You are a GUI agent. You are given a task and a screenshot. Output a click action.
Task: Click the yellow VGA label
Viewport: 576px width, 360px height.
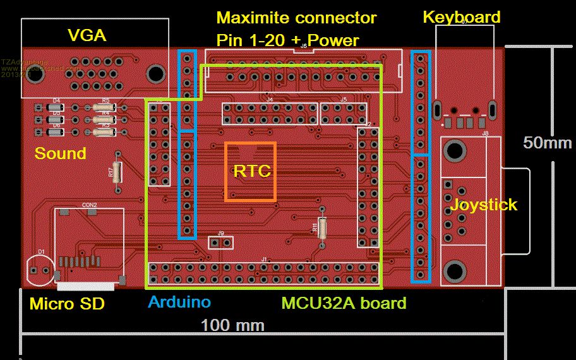point(87,37)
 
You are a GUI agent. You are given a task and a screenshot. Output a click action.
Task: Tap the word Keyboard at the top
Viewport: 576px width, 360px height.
point(461,17)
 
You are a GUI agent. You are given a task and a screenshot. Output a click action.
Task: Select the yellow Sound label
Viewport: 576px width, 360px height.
point(60,153)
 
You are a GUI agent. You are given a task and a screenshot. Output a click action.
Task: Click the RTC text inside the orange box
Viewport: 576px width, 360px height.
point(251,171)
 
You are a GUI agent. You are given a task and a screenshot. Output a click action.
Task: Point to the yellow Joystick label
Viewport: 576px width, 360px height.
point(483,205)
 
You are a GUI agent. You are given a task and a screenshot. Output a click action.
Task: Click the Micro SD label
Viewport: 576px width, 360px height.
point(67,304)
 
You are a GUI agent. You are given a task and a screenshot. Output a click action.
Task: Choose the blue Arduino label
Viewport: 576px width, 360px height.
point(179,302)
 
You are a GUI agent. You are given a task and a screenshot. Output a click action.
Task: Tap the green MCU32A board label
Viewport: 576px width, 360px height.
point(344,303)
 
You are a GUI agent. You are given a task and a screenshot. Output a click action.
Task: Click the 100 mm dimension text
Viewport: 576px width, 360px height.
point(232,325)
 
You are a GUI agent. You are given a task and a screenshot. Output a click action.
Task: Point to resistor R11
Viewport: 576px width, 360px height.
point(323,227)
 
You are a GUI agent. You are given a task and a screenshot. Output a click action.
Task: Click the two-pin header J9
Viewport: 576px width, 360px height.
point(220,242)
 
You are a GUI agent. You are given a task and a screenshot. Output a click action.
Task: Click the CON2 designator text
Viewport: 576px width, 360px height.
point(89,205)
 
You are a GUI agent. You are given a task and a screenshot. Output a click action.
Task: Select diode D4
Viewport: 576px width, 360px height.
point(56,108)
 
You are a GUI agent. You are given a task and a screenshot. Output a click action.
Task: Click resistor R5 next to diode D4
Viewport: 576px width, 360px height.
point(105,108)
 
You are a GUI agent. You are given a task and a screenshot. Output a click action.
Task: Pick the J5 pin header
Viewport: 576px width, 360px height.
point(343,114)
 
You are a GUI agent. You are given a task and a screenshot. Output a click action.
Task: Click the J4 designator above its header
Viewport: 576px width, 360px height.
point(270,99)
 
